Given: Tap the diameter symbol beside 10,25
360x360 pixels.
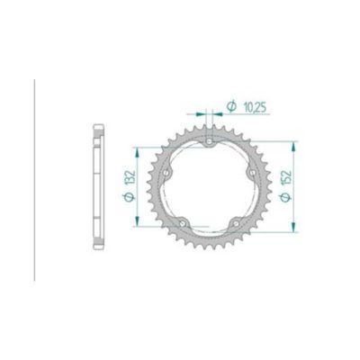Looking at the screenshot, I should tap(230, 107).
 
